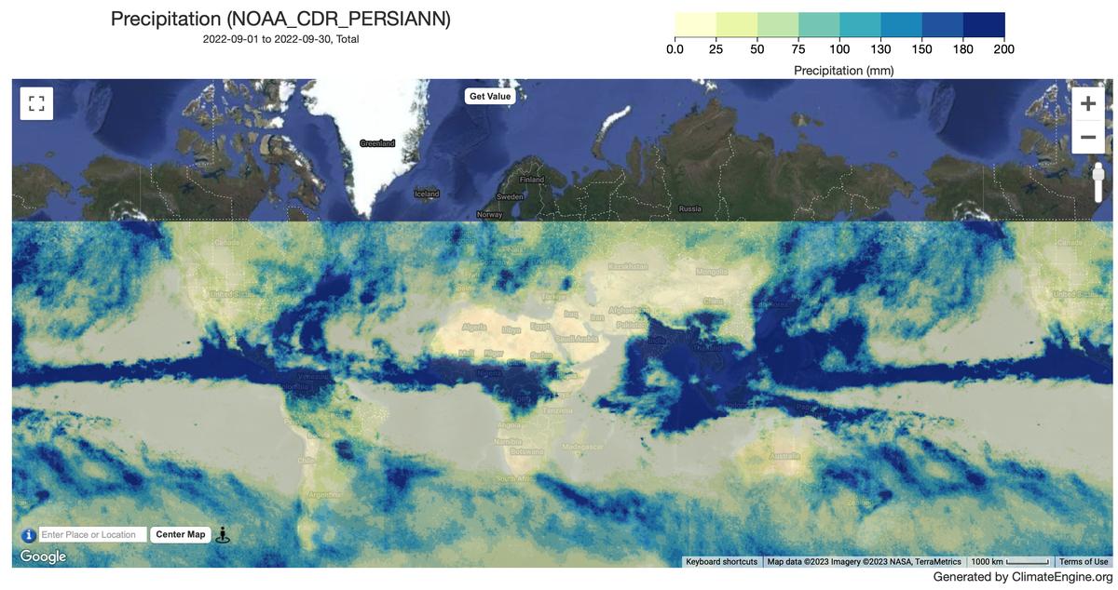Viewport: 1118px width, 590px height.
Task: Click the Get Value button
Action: tap(489, 96)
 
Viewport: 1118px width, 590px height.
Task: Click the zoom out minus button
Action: tap(1087, 139)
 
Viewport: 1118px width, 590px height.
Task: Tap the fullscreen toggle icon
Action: tap(36, 103)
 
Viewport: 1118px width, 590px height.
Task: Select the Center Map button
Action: tap(180, 534)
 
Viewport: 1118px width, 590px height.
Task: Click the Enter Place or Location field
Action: tap(93, 535)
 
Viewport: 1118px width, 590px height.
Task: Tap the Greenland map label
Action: tap(377, 143)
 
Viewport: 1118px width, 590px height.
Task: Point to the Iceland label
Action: tap(426, 194)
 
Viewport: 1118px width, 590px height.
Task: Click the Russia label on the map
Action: tap(689, 208)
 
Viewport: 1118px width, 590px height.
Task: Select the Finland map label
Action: tap(531, 180)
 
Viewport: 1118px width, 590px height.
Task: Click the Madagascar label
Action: tap(583, 447)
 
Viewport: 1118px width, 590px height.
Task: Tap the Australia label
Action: tap(784, 456)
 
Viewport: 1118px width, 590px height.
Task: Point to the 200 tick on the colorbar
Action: tap(1003, 49)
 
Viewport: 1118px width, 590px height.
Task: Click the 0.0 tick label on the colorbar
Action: tap(675, 49)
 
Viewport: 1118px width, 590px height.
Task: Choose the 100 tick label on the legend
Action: tap(839, 49)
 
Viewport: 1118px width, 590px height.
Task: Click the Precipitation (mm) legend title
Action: tap(843, 70)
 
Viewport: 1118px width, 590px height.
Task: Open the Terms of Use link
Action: tap(1084, 561)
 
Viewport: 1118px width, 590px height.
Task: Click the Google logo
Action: tap(44, 556)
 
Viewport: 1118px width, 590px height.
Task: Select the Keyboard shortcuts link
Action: tap(721, 561)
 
